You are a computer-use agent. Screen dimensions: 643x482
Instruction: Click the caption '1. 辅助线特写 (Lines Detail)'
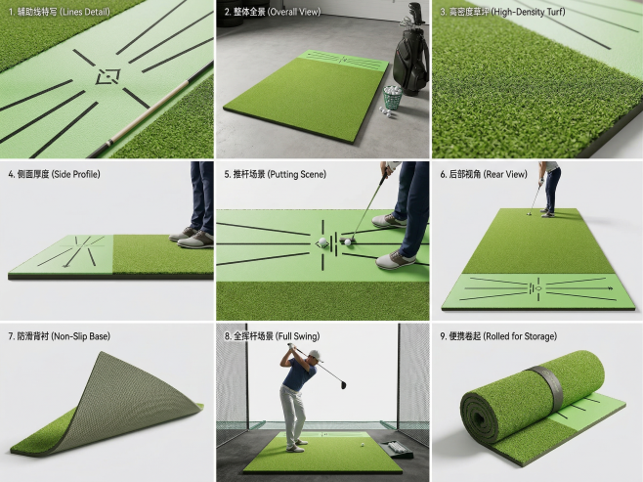(59, 12)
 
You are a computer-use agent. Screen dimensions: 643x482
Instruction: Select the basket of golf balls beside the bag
(393, 97)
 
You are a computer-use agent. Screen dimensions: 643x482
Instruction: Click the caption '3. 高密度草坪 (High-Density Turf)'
(502, 12)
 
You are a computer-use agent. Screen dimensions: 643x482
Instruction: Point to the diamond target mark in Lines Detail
(107, 76)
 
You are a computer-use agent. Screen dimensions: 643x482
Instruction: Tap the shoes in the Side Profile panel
(192, 238)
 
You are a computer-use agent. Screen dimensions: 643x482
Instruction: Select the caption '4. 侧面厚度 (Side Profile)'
(54, 174)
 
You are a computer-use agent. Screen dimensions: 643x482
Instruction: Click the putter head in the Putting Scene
(344, 240)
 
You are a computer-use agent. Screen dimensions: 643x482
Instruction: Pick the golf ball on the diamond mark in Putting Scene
(322, 242)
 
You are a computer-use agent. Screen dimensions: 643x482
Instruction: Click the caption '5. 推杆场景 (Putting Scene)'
(275, 174)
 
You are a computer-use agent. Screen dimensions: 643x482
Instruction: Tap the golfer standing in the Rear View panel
(548, 189)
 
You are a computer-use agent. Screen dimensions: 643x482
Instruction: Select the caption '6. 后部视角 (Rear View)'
(484, 174)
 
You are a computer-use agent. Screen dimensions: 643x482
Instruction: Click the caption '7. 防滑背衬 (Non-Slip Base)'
(59, 336)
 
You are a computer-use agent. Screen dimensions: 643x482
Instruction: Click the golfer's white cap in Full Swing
(315, 355)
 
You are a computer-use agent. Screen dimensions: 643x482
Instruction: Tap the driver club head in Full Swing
(342, 384)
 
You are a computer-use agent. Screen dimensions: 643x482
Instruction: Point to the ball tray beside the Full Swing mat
(395, 450)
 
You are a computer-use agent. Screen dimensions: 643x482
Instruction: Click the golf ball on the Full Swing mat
(363, 444)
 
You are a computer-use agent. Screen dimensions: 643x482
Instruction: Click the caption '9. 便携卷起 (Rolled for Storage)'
(498, 336)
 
